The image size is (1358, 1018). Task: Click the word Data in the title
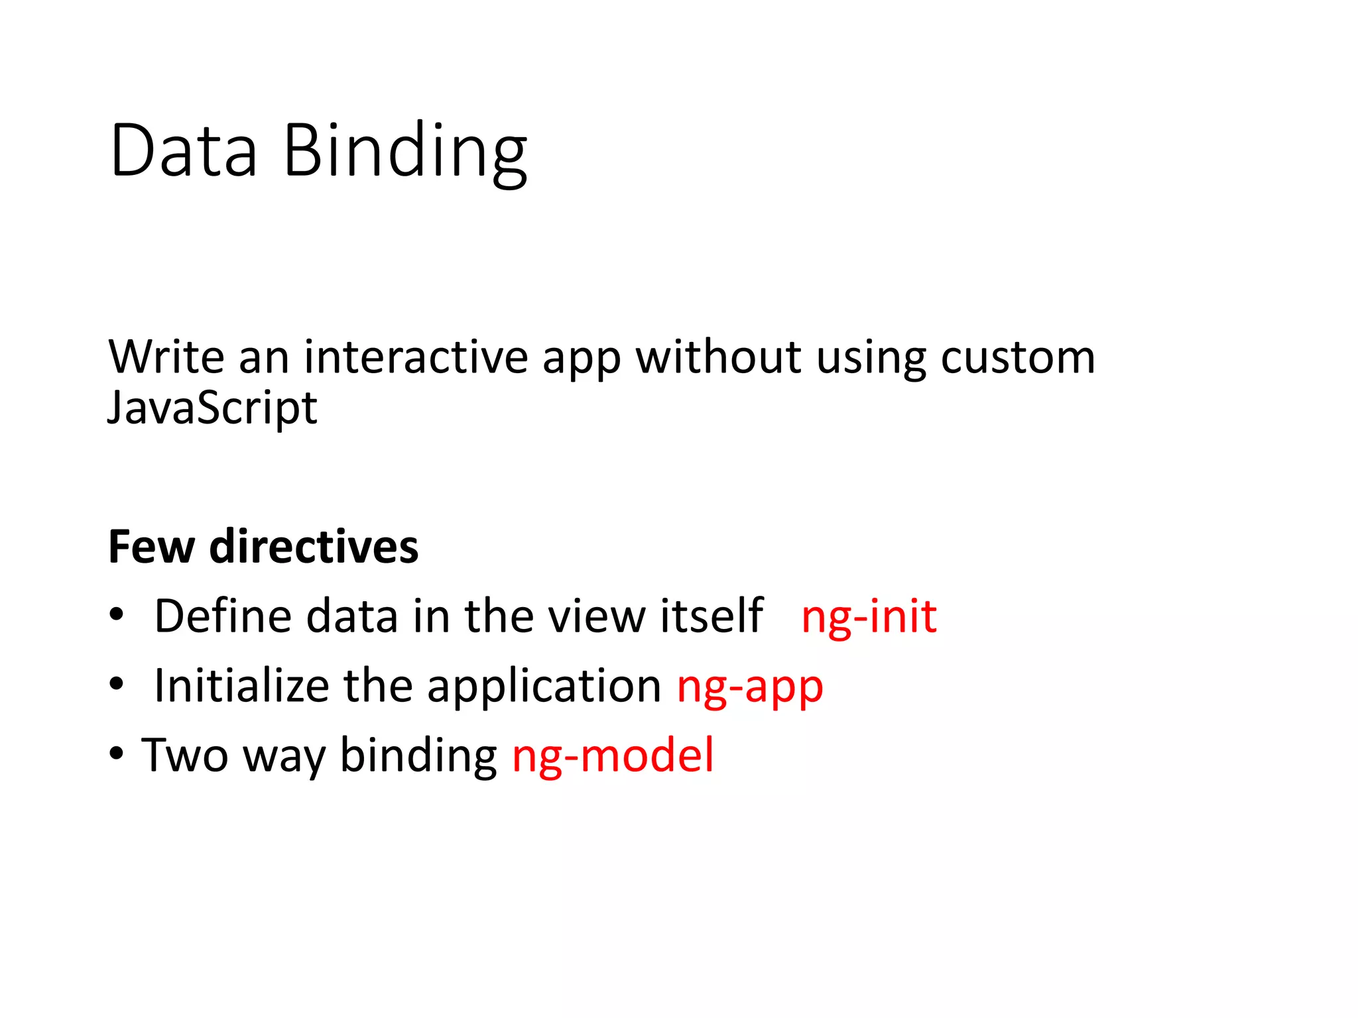click(x=184, y=151)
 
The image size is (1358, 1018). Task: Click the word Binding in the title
click(x=405, y=154)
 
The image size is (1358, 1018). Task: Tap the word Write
click(x=166, y=357)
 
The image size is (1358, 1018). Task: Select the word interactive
click(x=416, y=357)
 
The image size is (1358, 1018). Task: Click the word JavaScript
click(x=212, y=408)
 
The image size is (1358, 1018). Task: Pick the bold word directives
click(x=314, y=547)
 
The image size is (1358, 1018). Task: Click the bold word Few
click(x=151, y=547)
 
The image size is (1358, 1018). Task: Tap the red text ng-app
click(x=750, y=688)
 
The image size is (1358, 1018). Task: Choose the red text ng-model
click(x=613, y=756)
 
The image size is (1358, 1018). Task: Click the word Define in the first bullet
click(x=222, y=616)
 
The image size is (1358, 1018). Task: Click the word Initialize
click(x=241, y=686)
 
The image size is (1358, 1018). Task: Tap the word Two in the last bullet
click(x=185, y=755)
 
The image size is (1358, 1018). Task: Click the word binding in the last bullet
click(x=418, y=756)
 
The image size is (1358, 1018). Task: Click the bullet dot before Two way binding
click(x=117, y=754)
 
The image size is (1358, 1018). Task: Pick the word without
click(x=718, y=357)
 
